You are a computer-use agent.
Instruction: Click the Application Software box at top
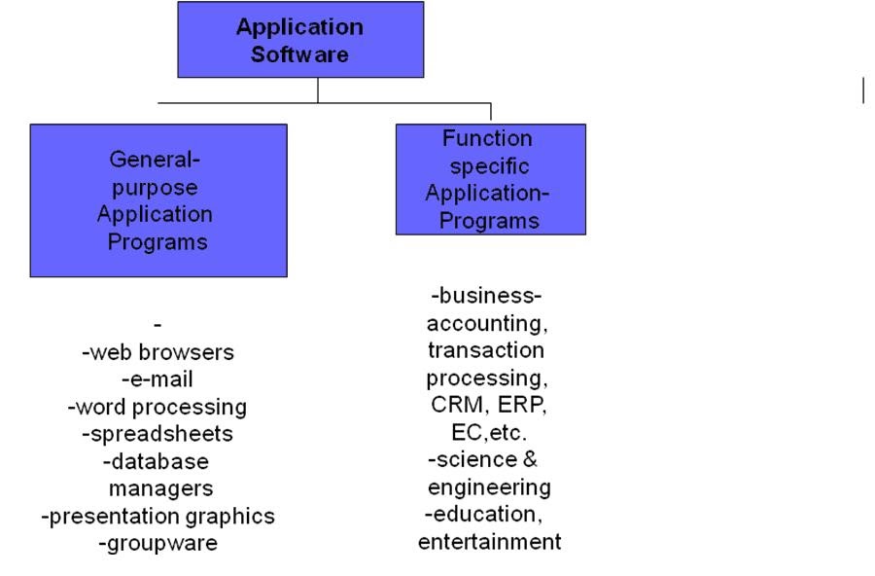tap(299, 40)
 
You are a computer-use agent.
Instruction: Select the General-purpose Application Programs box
tap(157, 199)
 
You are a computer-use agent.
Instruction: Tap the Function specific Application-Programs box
tap(490, 179)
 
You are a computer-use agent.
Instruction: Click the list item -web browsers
tap(157, 352)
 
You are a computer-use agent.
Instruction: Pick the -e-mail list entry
tap(157, 379)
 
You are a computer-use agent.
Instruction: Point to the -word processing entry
tap(157, 407)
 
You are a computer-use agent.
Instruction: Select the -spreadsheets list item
tap(157, 433)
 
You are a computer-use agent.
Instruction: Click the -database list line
tap(156, 460)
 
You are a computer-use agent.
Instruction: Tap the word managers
tap(160, 487)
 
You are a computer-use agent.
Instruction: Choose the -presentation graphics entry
tap(157, 516)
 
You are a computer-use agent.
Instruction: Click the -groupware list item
tap(157, 543)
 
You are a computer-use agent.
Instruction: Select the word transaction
tap(486, 349)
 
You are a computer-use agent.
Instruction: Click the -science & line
tap(483, 459)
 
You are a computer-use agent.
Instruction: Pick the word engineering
tap(489, 486)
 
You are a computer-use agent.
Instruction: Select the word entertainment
tap(489, 542)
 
